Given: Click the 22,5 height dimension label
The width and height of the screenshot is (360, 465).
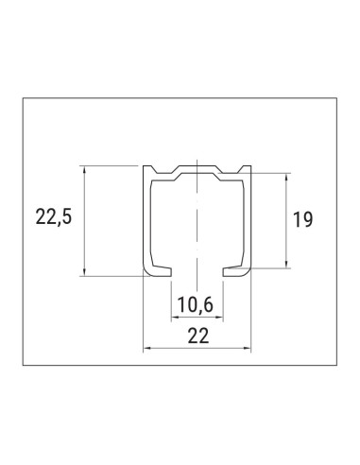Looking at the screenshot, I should [53, 217].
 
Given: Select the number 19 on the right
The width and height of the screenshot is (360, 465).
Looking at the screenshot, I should [302, 220].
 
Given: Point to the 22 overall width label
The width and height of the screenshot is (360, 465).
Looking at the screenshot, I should [197, 335].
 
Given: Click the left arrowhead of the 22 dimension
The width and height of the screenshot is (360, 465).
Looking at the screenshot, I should [146, 349].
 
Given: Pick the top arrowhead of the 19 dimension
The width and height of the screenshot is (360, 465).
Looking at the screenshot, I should [285, 177].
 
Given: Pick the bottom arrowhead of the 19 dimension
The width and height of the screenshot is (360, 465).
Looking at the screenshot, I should [285, 265].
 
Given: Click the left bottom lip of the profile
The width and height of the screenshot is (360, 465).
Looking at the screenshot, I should [158, 273].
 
